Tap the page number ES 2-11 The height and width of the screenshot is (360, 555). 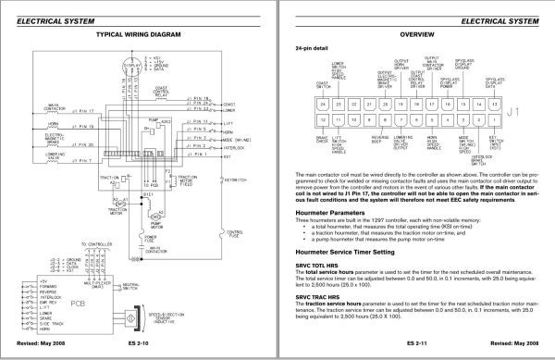coord(416,349)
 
